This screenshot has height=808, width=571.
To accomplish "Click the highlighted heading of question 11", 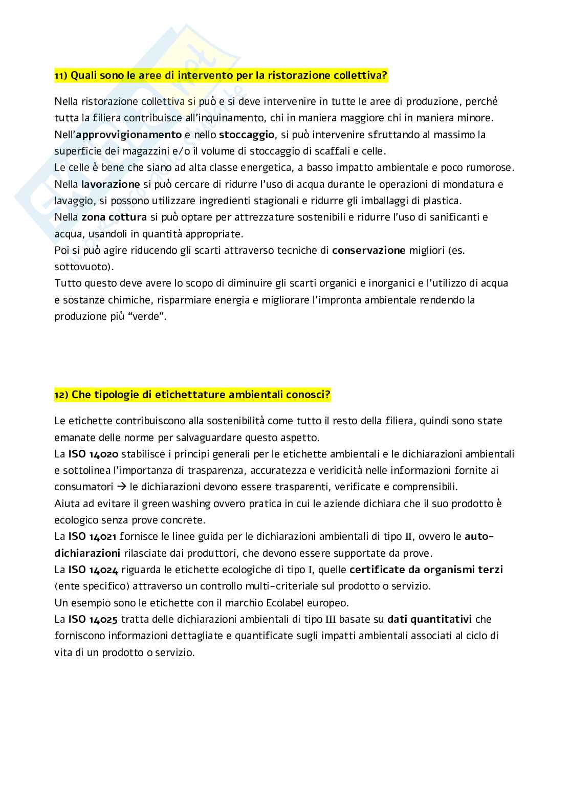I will pos(221,76).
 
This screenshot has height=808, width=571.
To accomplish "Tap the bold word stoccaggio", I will pos(247,135).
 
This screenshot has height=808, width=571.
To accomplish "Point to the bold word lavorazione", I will pos(111,184).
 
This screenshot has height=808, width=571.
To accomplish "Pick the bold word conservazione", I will pos(368,250).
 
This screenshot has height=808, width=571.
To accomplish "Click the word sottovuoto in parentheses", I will pos(82,267).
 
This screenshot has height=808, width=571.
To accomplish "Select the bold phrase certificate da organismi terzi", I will pos(426,570).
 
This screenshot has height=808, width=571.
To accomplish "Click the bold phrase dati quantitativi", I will pos(429,619).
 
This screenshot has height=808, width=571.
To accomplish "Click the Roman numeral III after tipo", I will pos(332,619).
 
